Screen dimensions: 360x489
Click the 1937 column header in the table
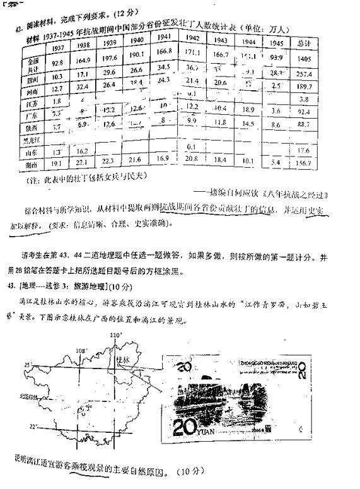pyautogui.click(x=57, y=48)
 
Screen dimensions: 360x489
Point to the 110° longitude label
pyautogui.click(x=114, y=334)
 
